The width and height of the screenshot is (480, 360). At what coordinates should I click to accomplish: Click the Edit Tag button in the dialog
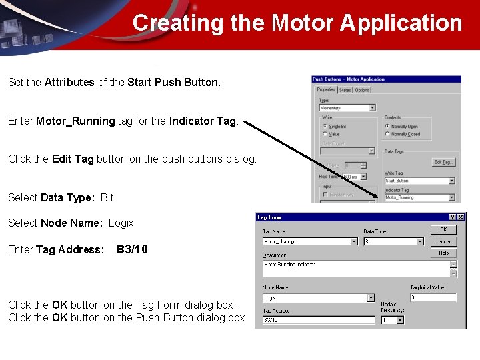443,162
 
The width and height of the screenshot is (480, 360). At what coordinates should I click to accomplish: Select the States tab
345,90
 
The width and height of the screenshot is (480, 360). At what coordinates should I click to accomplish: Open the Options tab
362,90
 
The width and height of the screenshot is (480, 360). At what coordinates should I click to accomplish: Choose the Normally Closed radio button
387,134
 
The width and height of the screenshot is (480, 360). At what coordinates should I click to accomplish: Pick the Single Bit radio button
325,126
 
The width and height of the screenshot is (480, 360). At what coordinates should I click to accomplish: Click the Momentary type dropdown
347,108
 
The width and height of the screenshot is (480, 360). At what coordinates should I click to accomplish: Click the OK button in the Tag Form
443,229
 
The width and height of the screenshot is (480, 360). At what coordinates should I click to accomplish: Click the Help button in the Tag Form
443,253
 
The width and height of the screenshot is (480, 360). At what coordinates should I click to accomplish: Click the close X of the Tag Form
461,217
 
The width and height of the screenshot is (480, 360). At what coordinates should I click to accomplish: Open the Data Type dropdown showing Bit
393,241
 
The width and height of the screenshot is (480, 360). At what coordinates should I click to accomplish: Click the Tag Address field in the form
318,320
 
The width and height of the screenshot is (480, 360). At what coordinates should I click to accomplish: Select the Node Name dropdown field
318,298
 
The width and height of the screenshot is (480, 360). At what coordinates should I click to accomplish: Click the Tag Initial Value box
433,298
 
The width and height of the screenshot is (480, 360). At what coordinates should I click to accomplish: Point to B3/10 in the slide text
132,249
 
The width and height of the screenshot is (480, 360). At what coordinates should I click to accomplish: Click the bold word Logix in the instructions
121,223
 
